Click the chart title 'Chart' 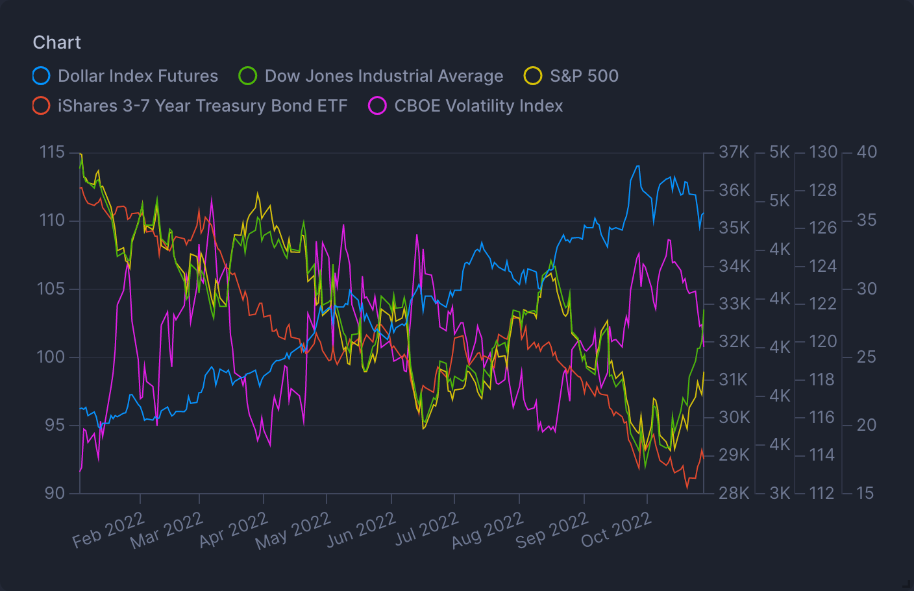pyautogui.click(x=57, y=43)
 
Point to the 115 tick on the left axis pyautogui.click(x=53, y=152)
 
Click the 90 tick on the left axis pyautogui.click(x=55, y=493)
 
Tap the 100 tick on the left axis pyautogui.click(x=53, y=357)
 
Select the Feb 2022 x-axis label pyautogui.click(x=108, y=529)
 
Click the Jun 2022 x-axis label pyautogui.click(x=361, y=529)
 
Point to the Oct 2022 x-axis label pyautogui.click(x=616, y=529)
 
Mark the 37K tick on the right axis pyautogui.click(x=734, y=152)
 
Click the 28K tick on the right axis pyautogui.click(x=734, y=493)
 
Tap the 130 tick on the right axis pyautogui.click(x=823, y=152)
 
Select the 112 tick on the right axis pyautogui.click(x=822, y=493)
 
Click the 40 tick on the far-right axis pyautogui.click(x=867, y=152)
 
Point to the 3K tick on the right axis pyautogui.click(x=780, y=493)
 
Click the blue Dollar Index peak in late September pyautogui.click(x=637, y=166)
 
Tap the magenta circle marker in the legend pyautogui.click(x=377, y=106)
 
